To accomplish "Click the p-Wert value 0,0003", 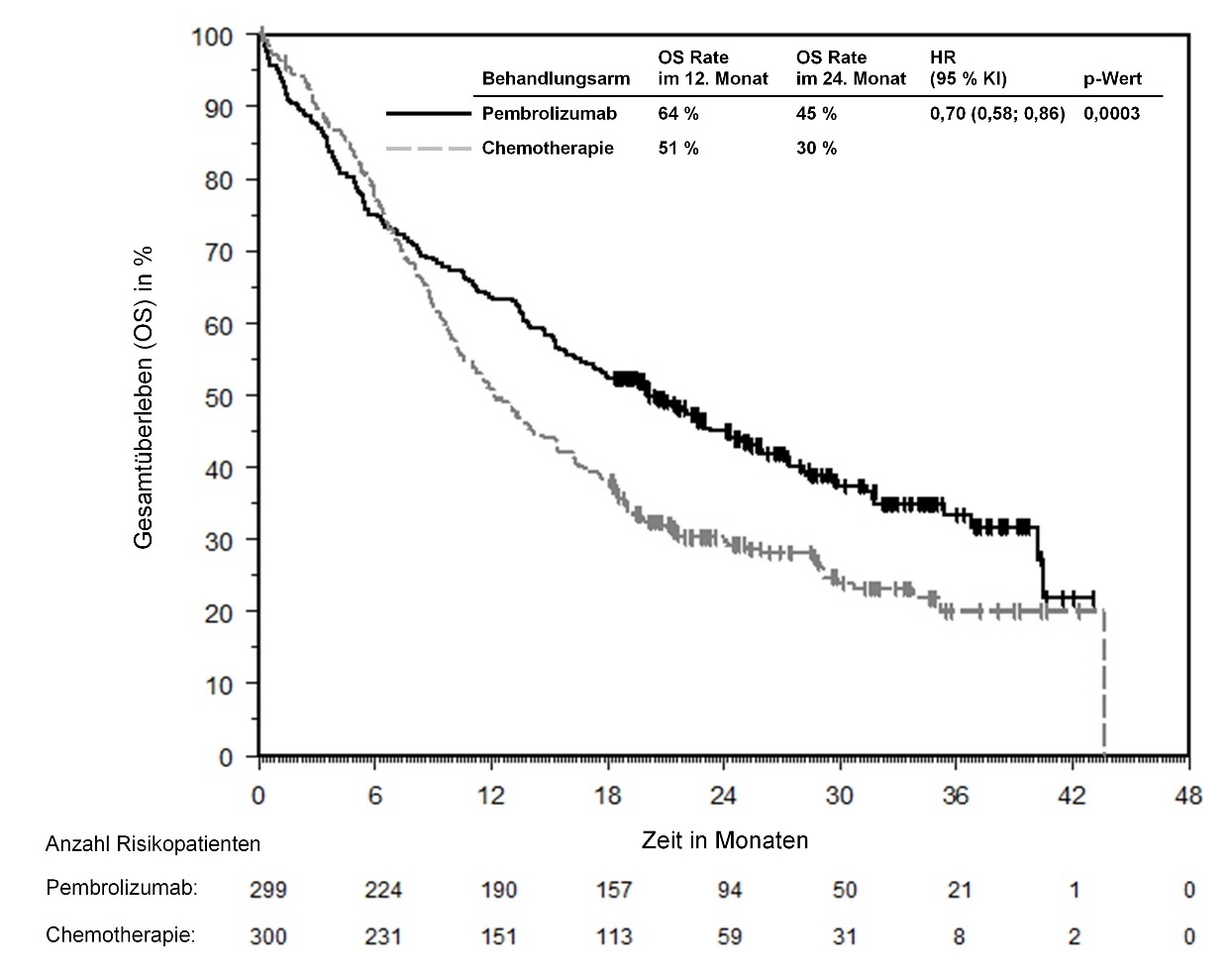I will (1111, 114).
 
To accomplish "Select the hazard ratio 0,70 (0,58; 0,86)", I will (997, 114).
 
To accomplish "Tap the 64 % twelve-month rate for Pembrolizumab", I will (678, 114).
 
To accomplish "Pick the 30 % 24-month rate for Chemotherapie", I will (816, 149).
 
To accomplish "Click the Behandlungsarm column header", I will (556, 79).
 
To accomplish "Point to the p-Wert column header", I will (1112, 79).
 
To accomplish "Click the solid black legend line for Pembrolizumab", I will (429, 114).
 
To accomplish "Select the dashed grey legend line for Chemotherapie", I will (429, 149).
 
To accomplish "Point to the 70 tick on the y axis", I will (219, 252).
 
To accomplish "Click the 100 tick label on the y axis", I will (213, 36).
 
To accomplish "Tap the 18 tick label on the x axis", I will (608, 796).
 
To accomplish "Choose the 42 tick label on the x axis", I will (1073, 796).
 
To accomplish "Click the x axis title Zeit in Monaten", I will (724, 841).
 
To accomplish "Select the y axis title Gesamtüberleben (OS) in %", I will (143, 396).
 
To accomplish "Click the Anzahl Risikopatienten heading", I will (153, 844).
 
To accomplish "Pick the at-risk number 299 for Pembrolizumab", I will (268, 890).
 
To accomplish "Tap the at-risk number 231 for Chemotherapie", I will (383, 936).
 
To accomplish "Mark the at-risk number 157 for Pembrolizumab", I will (614, 890).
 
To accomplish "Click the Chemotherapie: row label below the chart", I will (120, 935).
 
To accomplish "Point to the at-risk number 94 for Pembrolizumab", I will (729, 890).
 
